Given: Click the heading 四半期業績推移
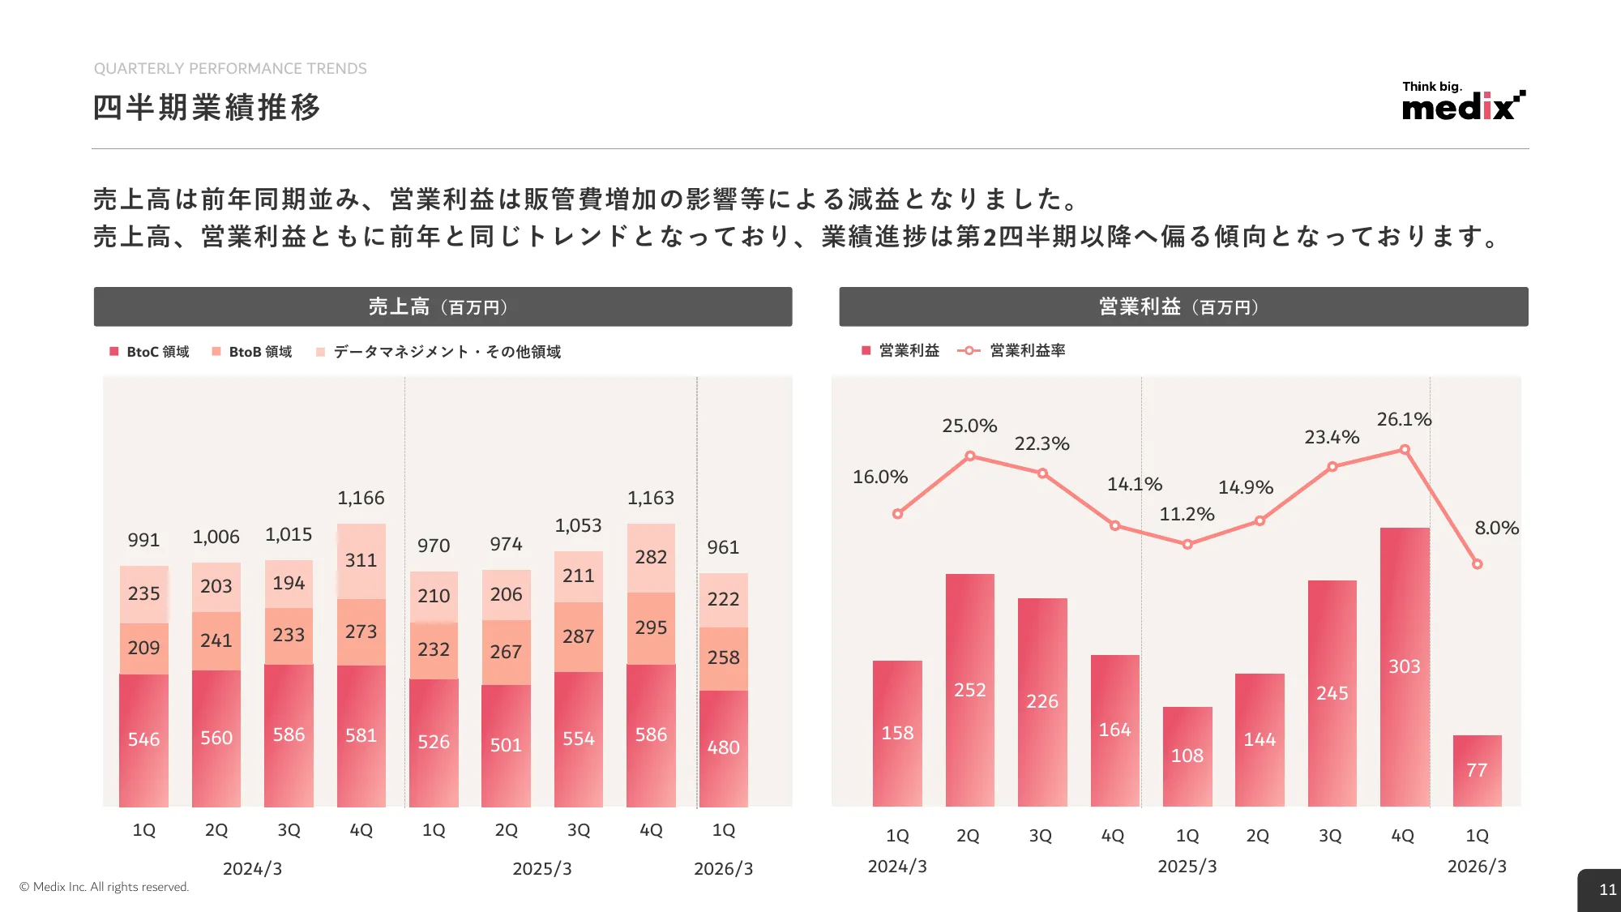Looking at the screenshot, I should coord(207,107).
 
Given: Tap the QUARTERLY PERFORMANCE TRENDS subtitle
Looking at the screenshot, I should coord(230,69).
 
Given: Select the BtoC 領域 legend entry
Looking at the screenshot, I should coord(150,352).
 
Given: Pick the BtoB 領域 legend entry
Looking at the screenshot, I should coord(252,352).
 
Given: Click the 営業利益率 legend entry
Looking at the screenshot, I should coord(1012,350).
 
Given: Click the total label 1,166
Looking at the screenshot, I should coord(361,498).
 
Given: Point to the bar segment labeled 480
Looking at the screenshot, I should coord(723,747).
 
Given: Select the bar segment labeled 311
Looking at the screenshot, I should coord(361,560).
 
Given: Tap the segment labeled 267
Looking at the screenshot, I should coord(506,652).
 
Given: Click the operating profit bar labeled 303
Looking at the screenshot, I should coord(1405,666).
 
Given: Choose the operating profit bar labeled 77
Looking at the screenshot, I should coord(1477,770).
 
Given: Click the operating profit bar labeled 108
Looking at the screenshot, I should coord(1187,756).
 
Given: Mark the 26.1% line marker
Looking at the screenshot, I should coord(1405,449).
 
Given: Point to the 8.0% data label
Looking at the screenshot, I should coord(1496,528).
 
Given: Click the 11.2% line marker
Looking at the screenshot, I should coord(1187,544).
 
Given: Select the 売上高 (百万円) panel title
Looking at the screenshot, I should coord(443,306).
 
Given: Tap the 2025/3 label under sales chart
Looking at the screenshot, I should coord(541,868).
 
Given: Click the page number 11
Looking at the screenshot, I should coord(1607,889).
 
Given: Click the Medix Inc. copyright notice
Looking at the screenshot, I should coord(104,887).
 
